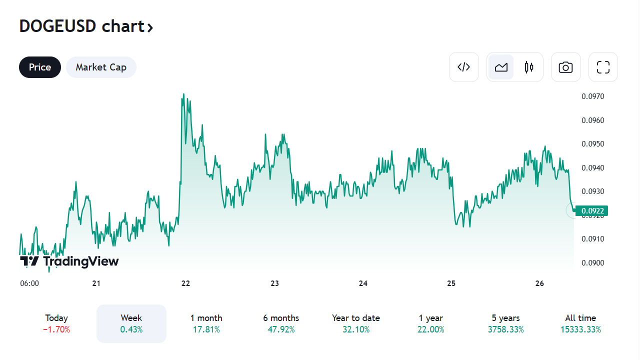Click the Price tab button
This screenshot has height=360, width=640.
(40, 67)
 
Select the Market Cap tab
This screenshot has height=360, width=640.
(101, 67)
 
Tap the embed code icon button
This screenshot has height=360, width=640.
(464, 67)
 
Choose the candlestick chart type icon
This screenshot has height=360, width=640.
(529, 67)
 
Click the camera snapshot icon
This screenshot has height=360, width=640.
(565, 67)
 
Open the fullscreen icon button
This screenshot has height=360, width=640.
(603, 67)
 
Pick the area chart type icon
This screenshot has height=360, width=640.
(501, 67)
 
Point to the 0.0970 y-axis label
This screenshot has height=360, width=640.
(592, 96)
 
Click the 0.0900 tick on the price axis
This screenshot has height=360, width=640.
(592, 263)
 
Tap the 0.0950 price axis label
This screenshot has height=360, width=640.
(592, 144)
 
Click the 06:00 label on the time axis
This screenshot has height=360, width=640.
(29, 283)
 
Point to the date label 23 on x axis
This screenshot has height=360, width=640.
(274, 283)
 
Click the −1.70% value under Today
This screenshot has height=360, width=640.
(56, 329)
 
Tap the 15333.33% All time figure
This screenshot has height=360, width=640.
(580, 329)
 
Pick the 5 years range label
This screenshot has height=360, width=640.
(505, 318)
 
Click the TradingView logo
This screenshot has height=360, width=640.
(69, 261)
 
